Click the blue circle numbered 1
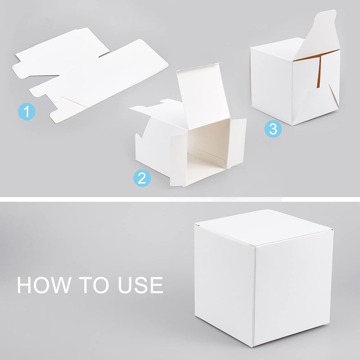[27, 112]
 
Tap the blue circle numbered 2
[142, 178]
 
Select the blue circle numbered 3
[273, 129]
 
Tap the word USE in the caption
[140, 285]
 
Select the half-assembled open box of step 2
[188, 125]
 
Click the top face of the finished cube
[264, 227]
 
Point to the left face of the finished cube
[225, 283]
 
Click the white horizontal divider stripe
[180, 199]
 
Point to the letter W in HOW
[60, 285]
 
